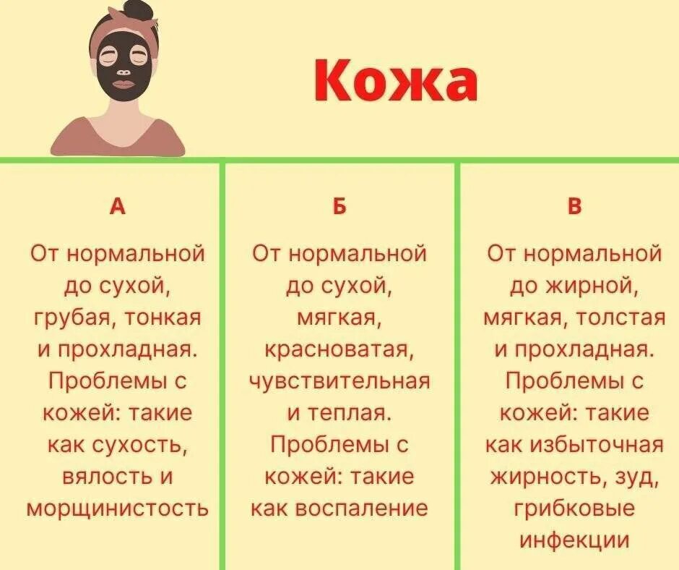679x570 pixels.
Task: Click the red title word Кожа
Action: [396, 80]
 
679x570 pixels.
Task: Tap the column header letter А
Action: [117, 207]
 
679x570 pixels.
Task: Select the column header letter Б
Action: [339, 207]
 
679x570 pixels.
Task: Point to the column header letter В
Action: [574, 207]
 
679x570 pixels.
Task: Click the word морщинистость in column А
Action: [117, 509]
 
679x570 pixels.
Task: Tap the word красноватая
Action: [339, 349]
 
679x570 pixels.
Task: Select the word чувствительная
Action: [339, 381]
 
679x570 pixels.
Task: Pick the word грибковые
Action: [574, 509]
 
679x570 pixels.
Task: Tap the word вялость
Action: [98, 477]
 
